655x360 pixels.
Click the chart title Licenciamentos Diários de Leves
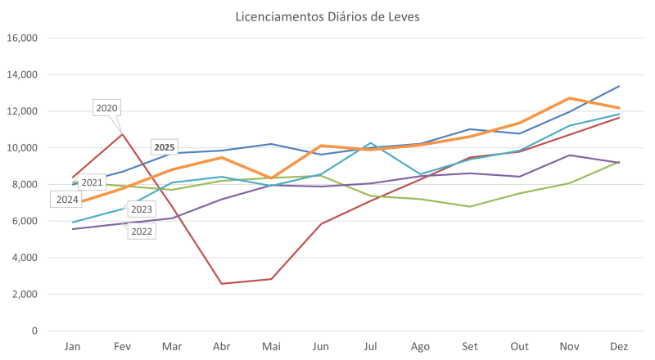coord(327,17)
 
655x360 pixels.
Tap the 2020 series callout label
coord(107,107)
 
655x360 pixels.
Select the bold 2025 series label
coord(165,146)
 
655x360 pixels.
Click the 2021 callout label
coord(93,182)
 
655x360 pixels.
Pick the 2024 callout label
coord(68,199)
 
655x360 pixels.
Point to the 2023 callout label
coord(142,210)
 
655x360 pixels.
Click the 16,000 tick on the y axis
coord(25,38)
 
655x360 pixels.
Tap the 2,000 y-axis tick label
coord(28,295)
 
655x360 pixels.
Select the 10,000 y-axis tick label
coord(25,148)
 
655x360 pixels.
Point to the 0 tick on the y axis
coord(35,331)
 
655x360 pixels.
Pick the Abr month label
coord(221,346)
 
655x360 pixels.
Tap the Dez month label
coord(618,346)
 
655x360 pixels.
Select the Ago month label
coord(419,346)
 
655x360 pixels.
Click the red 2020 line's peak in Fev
coord(123,133)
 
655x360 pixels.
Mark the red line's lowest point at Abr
coord(221,283)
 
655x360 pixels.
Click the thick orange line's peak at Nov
coord(569,98)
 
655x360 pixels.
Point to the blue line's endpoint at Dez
coord(619,86)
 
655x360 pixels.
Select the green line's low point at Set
coord(469,206)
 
